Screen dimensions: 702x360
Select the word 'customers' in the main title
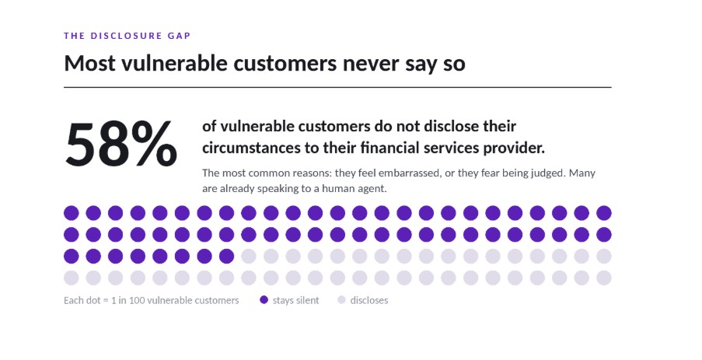(285, 63)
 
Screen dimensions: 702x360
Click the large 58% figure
(121, 144)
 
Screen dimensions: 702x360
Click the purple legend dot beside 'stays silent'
(264, 300)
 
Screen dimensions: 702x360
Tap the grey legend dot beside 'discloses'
(341, 300)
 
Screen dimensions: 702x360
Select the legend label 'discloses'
(369, 300)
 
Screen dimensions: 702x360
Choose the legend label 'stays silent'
(296, 300)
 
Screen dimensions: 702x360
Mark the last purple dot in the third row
(226, 257)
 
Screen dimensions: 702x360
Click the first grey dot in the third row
(249, 257)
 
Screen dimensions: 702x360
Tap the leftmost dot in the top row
(72, 213)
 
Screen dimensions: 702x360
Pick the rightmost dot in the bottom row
(604, 278)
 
